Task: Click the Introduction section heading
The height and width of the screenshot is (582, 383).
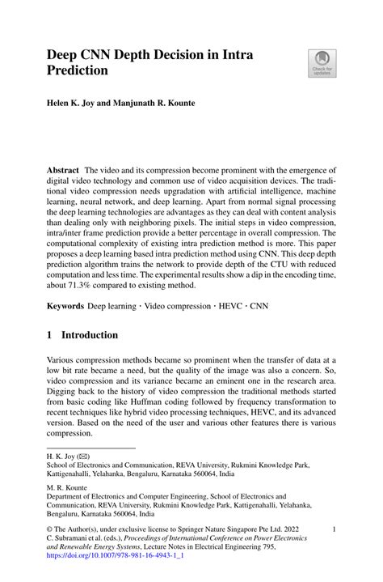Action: click(96, 335)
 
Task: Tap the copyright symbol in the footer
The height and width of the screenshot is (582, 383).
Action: click(50, 529)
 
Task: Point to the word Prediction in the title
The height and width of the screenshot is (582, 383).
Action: click(78, 70)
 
